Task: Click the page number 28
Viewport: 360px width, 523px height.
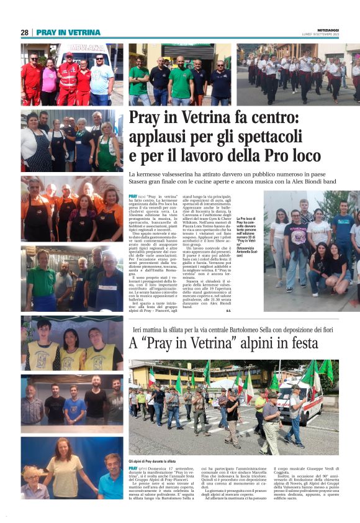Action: coord(24,32)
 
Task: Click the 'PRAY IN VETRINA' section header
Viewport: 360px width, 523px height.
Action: coord(68,32)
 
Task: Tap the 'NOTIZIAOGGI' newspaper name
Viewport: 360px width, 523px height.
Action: coord(330,29)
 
